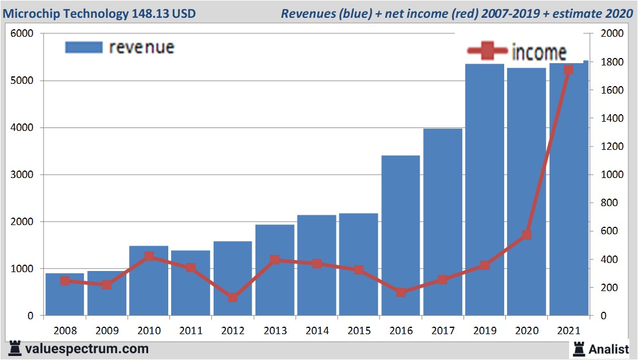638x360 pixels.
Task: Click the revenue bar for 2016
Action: point(400,235)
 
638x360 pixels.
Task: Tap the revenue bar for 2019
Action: point(485,189)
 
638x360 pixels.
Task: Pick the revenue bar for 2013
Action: point(274,270)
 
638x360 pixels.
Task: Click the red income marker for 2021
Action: point(569,70)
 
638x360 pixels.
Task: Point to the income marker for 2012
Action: point(233,297)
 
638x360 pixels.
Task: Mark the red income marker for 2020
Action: point(527,235)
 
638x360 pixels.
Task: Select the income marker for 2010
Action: point(149,257)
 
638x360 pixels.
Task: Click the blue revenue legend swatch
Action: point(83,47)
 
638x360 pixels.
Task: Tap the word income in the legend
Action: point(539,52)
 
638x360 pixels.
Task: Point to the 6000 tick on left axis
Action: point(23,33)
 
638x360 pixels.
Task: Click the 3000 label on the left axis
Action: point(23,175)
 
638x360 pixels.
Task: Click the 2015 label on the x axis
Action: point(358,331)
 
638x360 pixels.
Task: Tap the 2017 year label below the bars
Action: point(442,331)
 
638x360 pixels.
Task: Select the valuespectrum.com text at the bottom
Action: point(86,349)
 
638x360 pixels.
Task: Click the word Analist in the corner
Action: point(608,349)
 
